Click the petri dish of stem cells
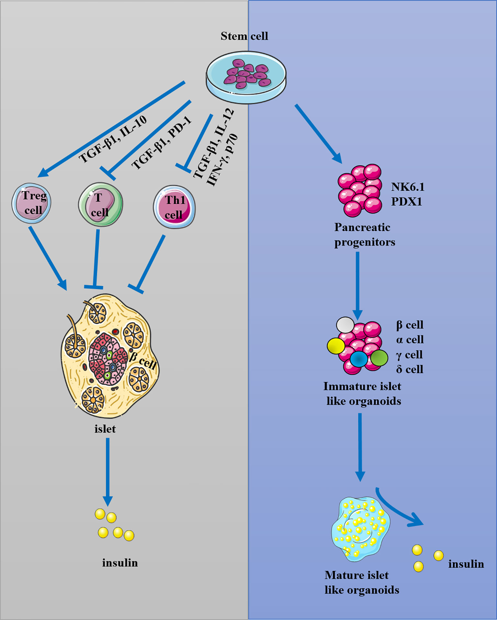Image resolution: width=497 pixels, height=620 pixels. pyautogui.click(x=246, y=77)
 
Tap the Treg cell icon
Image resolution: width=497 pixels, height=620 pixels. pyautogui.click(x=31, y=203)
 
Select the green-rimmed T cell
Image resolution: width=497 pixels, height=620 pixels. pyautogui.click(x=101, y=204)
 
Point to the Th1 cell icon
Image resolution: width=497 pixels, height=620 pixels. pyautogui.click(x=174, y=207)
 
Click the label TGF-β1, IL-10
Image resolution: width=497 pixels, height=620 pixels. pyautogui.click(x=113, y=139)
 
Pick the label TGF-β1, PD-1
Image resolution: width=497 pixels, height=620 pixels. pyautogui.click(x=161, y=143)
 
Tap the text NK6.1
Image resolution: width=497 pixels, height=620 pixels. pyautogui.click(x=408, y=187)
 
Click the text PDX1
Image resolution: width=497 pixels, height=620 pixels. pyautogui.click(x=406, y=202)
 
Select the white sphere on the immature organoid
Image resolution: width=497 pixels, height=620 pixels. pyautogui.click(x=345, y=325)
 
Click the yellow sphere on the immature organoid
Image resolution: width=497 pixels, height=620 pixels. pyautogui.click(x=336, y=346)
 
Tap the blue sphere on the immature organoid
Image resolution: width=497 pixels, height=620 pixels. pyautogui.click(x=359, y=359)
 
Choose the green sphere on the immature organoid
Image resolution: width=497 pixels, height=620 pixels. pyautogui.click(x=379, y=358)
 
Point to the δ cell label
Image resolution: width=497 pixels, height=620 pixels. pyautogui.click(x=410, y=369)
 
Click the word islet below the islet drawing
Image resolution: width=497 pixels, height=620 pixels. pyautogui.click(x=105, y=429)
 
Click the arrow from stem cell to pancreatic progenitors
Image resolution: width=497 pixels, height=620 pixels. pyautogui.click(x=318, y=133)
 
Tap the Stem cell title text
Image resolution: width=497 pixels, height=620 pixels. pyautogui.click(x=244, y=36)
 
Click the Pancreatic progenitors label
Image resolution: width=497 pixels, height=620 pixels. pyautogui.click(x=364, y=235)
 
